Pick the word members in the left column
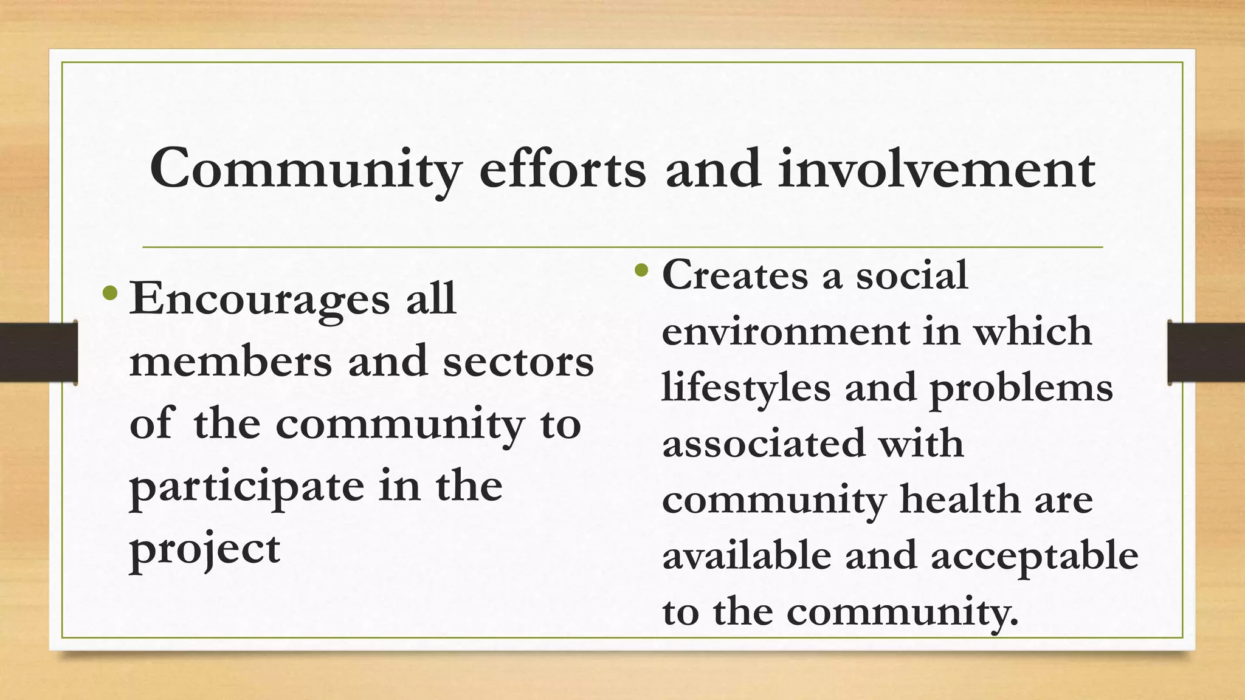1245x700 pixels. (230, 362)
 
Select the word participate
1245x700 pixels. (246, 488)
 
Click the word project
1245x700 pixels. (205, 550)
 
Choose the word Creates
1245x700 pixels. (735, 275)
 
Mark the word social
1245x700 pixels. (912, 275)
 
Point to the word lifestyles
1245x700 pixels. (745, 388)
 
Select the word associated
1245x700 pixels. (763, 444)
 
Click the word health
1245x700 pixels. (959, 499)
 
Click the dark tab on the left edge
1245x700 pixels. (38, 352)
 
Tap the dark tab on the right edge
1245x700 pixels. (1206, 352)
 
